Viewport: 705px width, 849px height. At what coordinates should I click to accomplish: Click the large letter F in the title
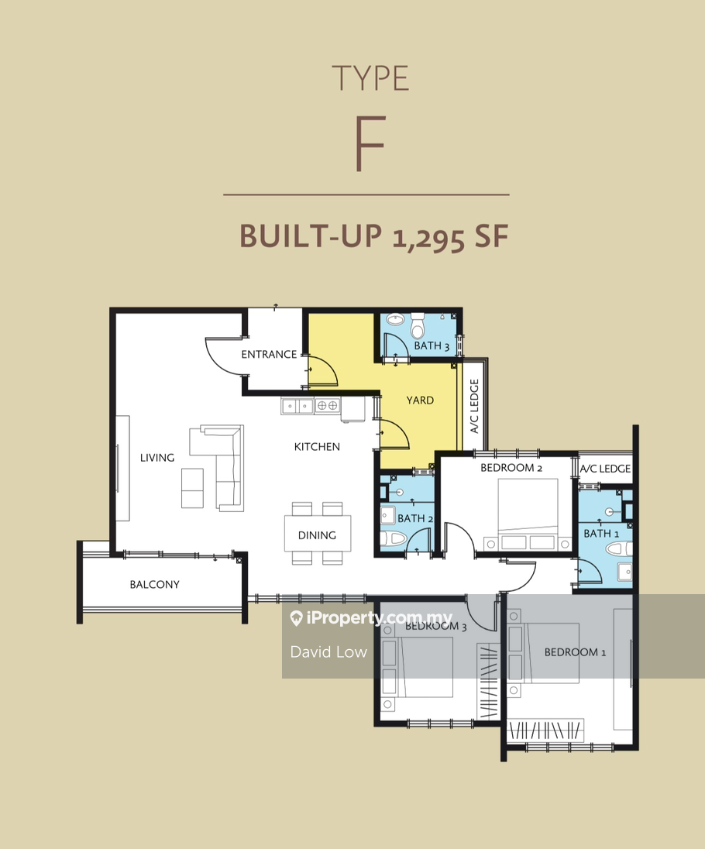[x=370, y=143]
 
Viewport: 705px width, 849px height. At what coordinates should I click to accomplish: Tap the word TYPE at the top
[x=370, y=78]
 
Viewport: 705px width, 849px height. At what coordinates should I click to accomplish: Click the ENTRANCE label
[x=269, y=354]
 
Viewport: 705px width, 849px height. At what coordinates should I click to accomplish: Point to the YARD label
[x=420, y=400]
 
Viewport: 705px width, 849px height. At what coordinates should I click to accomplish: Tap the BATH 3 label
[x=432, y=345]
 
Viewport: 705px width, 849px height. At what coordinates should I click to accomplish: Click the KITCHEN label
[x=317, y=447]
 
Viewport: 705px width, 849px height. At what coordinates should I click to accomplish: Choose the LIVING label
[x=157, y=458]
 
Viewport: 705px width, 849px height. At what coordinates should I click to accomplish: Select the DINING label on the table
[x=317, y=535]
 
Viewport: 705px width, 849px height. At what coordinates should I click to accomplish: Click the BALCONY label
[x=154, y=584]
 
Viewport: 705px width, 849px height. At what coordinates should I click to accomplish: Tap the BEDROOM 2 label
[x=511, y=468]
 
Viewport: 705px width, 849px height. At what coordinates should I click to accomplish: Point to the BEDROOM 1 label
[x=575, y=652]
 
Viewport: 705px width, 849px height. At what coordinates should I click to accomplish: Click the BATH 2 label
[x=415, y=518]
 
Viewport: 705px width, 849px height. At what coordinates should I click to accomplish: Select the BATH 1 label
[x=601, y=533]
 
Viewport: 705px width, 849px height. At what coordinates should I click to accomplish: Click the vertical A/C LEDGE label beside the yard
[x=474, y=406]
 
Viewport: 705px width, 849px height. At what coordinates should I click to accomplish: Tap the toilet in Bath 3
[x=418, y=325]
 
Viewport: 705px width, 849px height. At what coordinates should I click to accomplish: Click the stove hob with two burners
[x=328, y=406]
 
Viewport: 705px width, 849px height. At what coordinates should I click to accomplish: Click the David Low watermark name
[x=328, y=652]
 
